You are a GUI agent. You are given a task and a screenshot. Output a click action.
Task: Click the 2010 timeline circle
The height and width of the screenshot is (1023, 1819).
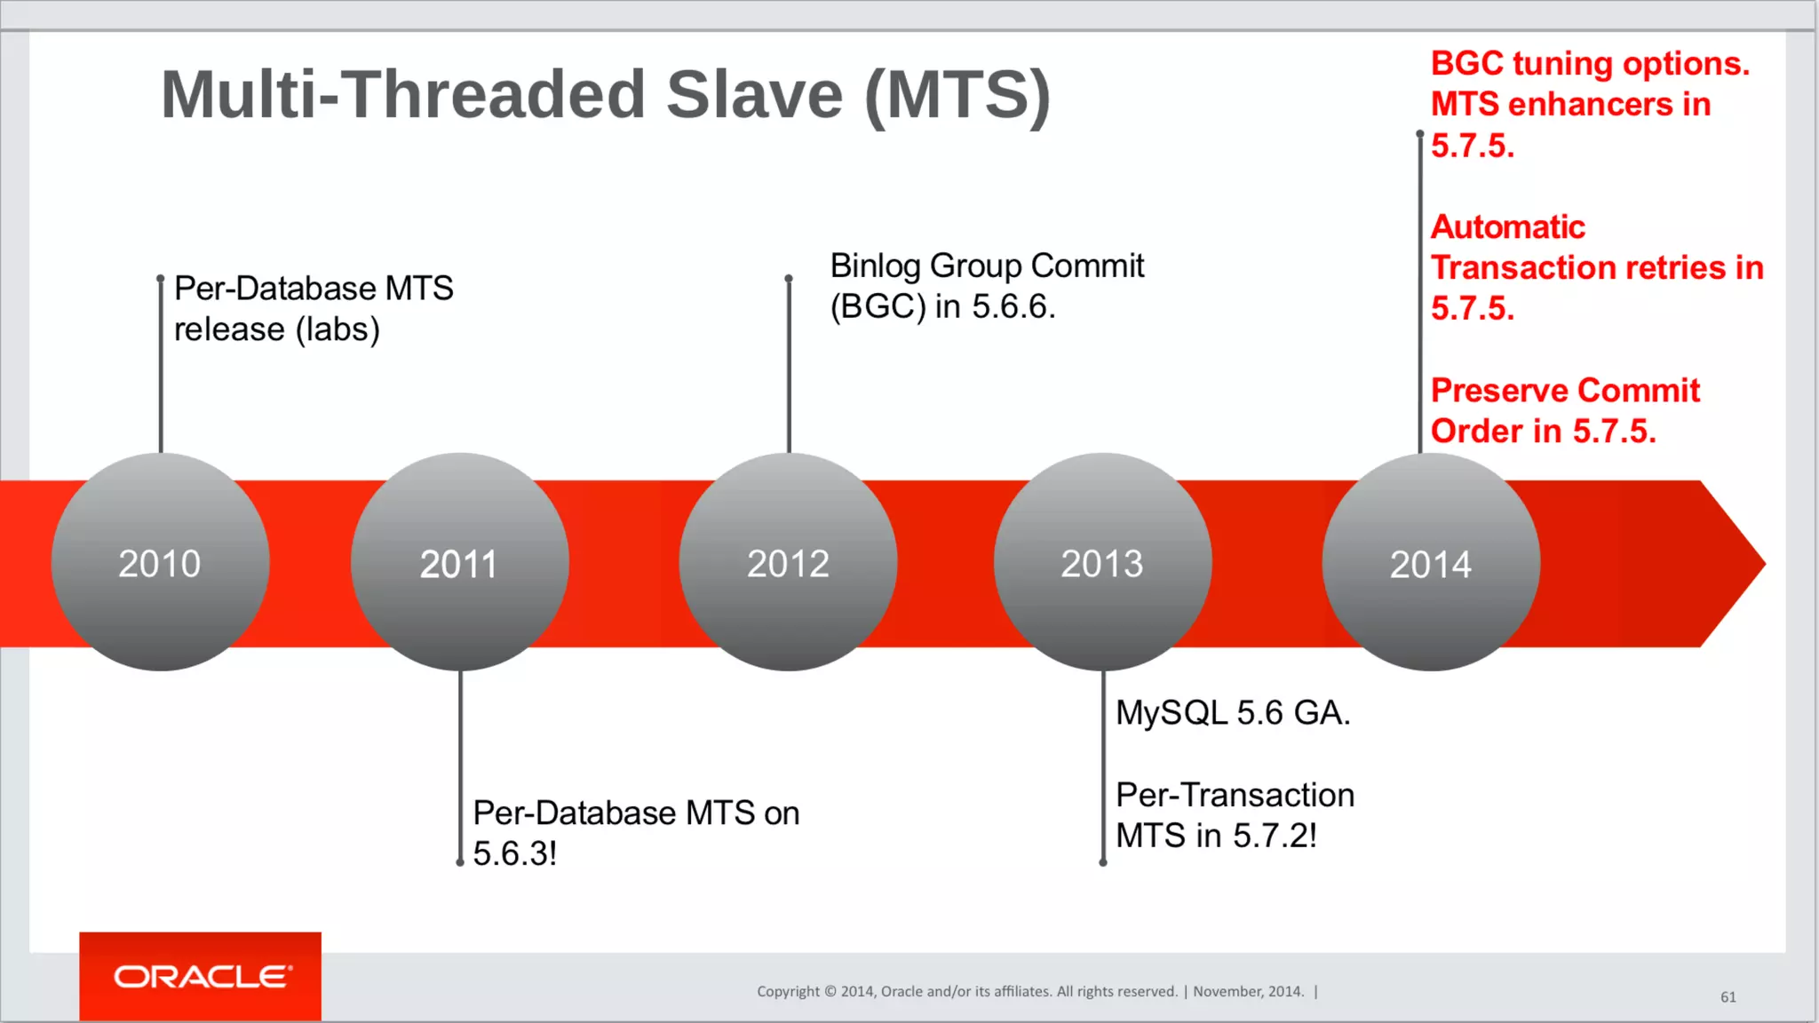pyautogui.click(x=160, y=562)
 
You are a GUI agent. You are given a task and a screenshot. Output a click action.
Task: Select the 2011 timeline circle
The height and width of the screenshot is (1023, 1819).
pyautogui.click(x=459, y=562)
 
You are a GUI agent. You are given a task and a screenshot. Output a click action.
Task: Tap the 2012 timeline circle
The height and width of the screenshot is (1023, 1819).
pyautogui.click(x=788, y=562)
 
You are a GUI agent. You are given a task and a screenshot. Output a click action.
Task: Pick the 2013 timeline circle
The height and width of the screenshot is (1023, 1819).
pyautogui.click(x=1102, y=562)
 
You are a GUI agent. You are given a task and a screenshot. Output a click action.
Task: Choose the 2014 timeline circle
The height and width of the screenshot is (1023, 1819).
pyautogui.click(x=1431, y=562)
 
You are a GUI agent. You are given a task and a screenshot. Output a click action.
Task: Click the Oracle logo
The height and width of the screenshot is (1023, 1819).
pyautogui.click(x=201, y=977)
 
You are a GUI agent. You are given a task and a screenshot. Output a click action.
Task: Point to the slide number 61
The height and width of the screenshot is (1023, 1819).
pyautogui.click(x=1728, y=997)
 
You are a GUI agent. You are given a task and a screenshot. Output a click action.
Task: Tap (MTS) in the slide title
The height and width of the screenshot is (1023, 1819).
pyautogui.click(x=957, y=96)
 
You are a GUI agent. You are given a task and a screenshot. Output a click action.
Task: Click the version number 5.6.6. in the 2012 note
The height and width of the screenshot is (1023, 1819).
pyautogui.click(x=1013, y=306)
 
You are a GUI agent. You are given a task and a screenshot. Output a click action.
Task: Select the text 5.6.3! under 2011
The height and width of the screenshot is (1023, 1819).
pyautogui.click(x=514, y=853)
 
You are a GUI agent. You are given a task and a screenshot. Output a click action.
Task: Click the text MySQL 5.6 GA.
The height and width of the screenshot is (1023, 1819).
pyautogui.click(x=1232, y=712)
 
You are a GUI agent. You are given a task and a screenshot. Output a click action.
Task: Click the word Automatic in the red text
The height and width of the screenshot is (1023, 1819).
pyautogui.click(x=1507, y=227)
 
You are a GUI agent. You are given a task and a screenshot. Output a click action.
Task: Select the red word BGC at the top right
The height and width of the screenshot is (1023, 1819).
pyautogui.click(x=1467, y=64)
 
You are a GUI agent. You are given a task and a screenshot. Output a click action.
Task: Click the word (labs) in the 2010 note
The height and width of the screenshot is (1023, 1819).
pyautogui.click(x=338, y=329)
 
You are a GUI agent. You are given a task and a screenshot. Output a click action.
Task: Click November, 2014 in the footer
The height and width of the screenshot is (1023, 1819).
pyautogui.click(x=1248, y=991)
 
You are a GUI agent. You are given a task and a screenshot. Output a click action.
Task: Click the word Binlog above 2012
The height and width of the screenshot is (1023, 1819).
pyautogui.click(x=875, y=266)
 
